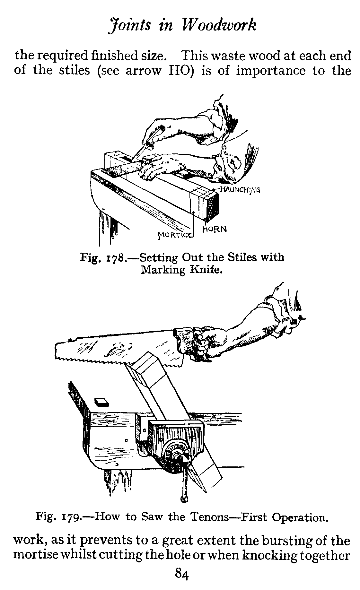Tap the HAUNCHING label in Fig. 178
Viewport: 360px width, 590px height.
pyautogui.click(x=239, y=189)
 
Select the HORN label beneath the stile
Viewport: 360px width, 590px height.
pyautogui.click(x=215, y=229)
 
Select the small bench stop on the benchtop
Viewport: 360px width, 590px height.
pyautogui.click(x=102, y=402)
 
